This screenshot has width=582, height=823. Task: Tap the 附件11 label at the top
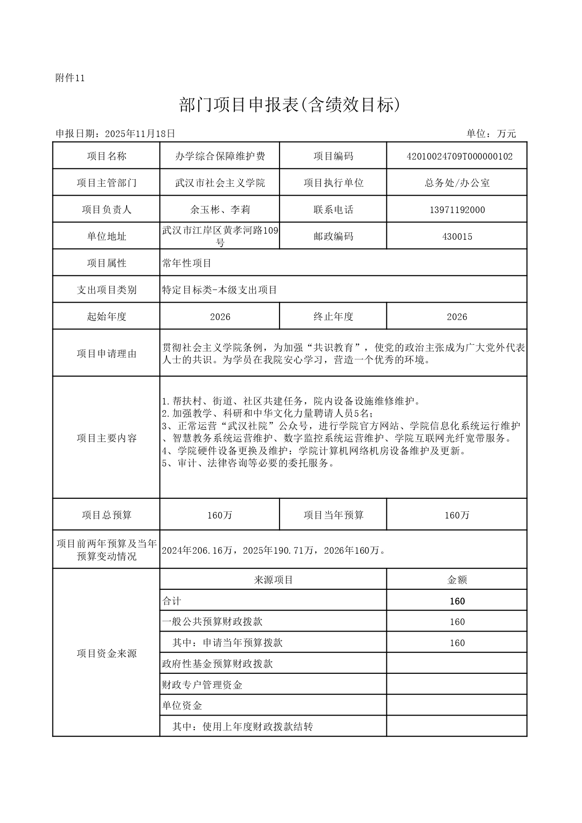[70, 78]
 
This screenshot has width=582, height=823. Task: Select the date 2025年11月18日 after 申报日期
[140, 134]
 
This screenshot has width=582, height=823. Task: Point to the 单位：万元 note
[491, 134]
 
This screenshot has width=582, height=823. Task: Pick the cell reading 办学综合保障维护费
[220, 156]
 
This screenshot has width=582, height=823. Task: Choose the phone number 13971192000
[457, 210]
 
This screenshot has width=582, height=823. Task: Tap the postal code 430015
[457, 236]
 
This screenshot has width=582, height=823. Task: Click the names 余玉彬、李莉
[220, 210]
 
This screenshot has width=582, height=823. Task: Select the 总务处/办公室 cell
[457, 183]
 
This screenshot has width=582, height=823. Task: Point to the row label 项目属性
[106, 263]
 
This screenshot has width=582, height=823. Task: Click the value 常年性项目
[187, 263]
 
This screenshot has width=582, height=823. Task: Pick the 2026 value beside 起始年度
[220, 317]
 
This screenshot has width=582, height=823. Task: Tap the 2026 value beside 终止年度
[457, 317]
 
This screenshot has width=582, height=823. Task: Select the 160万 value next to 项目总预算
[220, 515]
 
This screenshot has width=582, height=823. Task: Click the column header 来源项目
[273, 580]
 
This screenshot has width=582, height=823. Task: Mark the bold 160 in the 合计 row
[457, 601]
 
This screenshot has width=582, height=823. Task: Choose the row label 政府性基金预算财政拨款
[217, 664]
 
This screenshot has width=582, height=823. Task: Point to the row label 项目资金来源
[106, 654]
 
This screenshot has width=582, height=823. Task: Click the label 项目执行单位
[333, 183]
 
